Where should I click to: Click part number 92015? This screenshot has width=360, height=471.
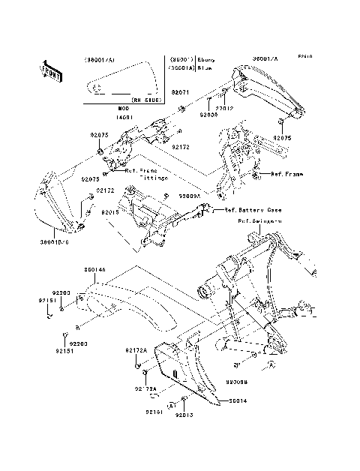coord(110,212)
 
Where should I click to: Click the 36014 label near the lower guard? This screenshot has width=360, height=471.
coord(238,401)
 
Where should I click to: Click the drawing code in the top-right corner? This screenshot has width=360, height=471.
coord(304,55)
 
